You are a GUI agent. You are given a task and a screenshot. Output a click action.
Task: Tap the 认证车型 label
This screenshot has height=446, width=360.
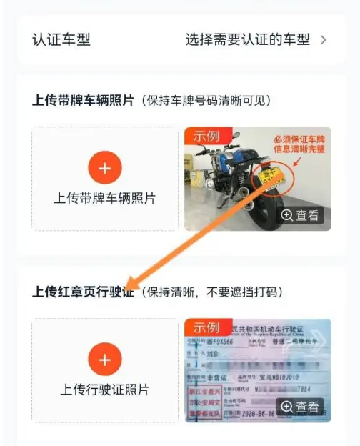click(x=61, y=39)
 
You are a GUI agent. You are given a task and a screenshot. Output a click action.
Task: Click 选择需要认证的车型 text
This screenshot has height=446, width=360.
click(x=246, y=39)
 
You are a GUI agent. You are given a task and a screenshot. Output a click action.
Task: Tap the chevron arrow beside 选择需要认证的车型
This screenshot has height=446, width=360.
click(x=324, y=39)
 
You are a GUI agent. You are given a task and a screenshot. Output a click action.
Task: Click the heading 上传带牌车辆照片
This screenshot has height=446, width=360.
click(x=83, y=100)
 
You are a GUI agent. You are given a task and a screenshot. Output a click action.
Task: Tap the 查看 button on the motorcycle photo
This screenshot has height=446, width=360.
click(x=300, y=215)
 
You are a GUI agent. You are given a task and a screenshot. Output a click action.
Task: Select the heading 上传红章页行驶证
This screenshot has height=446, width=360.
click(x=83, y=292)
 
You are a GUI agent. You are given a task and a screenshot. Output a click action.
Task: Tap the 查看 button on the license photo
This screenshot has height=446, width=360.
click(x=300, y=407)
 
